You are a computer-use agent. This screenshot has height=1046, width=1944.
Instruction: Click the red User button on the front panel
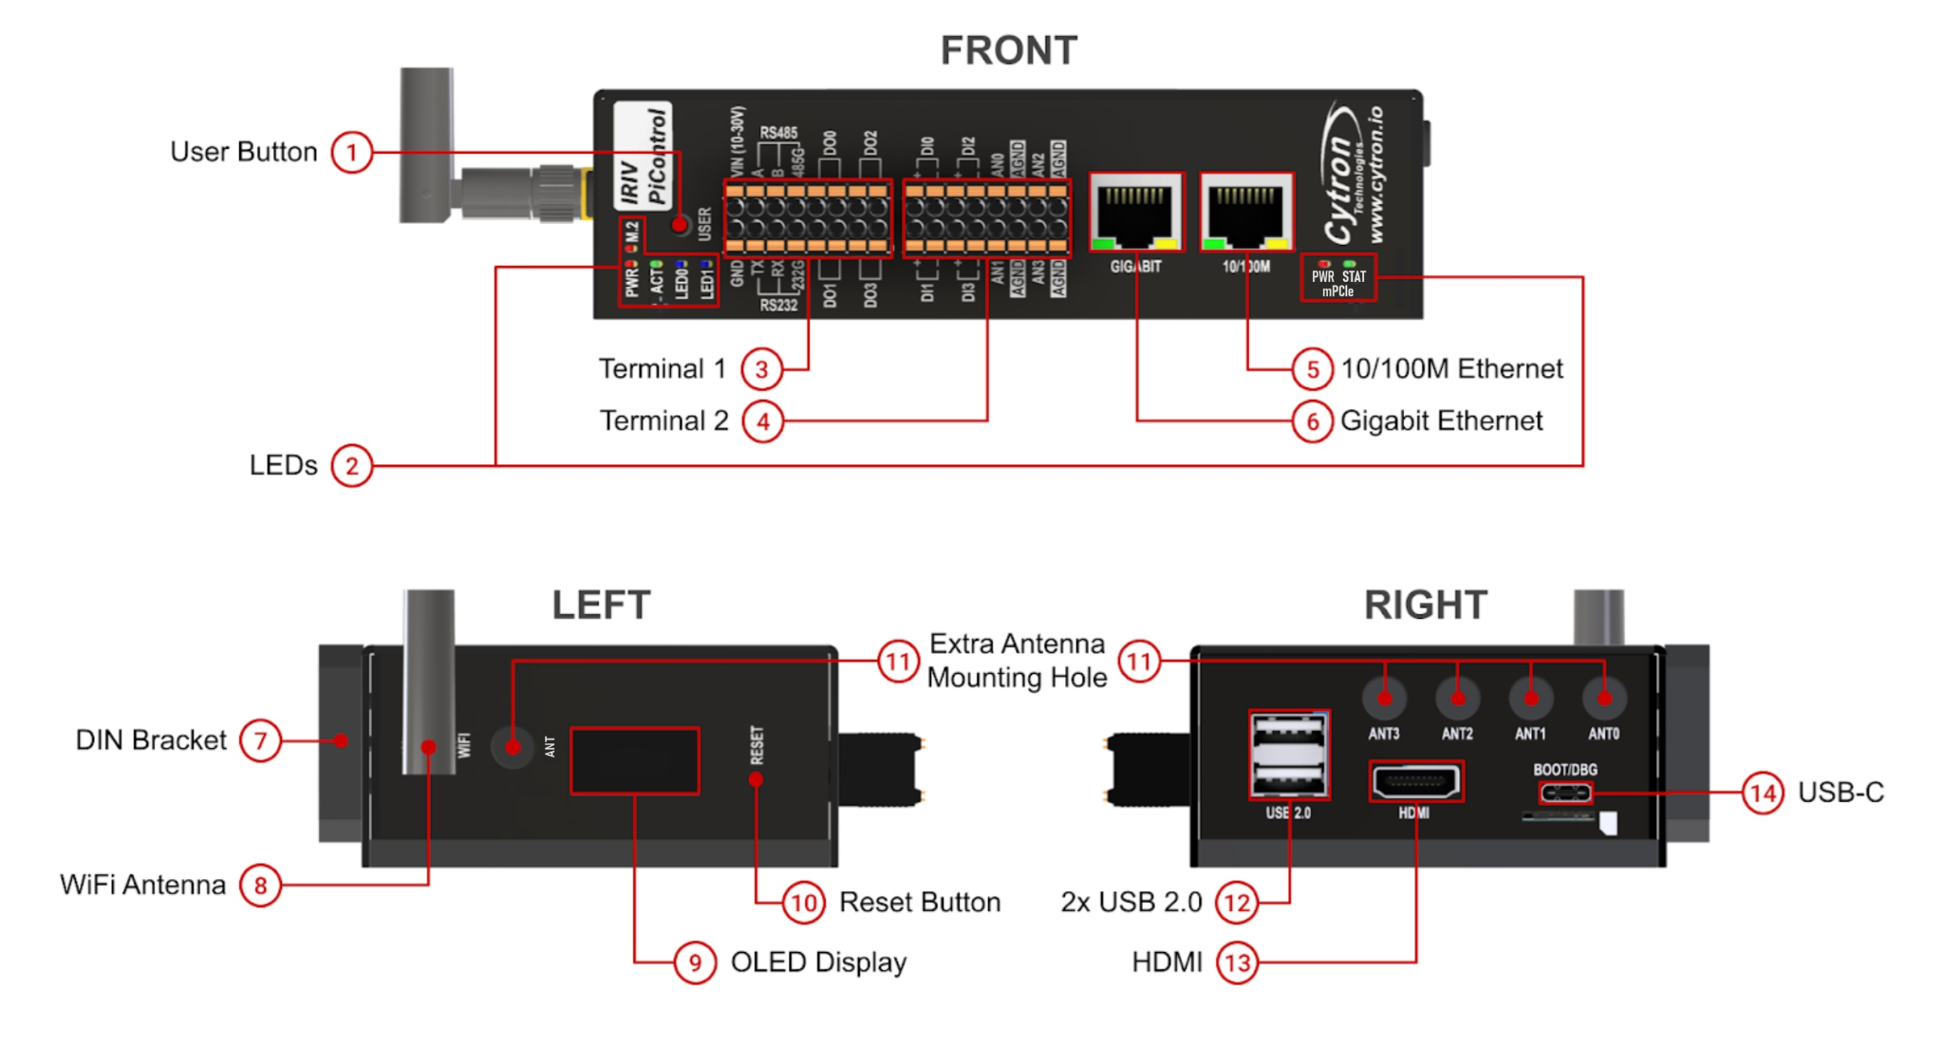680,225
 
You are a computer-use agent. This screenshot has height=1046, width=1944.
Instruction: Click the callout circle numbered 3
761,369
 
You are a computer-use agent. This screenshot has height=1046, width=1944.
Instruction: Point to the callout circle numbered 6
1312,420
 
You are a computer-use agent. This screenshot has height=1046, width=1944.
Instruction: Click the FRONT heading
1008,50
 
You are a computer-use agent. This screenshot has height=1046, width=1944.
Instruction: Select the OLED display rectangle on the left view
634,760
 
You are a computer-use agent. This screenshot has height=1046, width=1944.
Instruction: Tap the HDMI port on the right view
1415,782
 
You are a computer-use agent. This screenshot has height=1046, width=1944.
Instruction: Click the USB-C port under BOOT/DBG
1564,793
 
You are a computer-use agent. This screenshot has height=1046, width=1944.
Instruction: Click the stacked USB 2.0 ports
1288,755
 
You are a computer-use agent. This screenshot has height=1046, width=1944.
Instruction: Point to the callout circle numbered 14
1763,793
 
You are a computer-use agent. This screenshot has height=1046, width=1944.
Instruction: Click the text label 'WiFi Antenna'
142,885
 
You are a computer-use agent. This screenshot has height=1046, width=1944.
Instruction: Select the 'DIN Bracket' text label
151,740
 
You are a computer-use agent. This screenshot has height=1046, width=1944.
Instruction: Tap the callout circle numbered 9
695,962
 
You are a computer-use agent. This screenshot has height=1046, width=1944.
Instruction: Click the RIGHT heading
1425,606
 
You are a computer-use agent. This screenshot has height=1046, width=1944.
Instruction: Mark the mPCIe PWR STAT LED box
1337,278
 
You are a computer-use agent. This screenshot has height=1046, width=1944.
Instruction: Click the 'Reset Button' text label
919,902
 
